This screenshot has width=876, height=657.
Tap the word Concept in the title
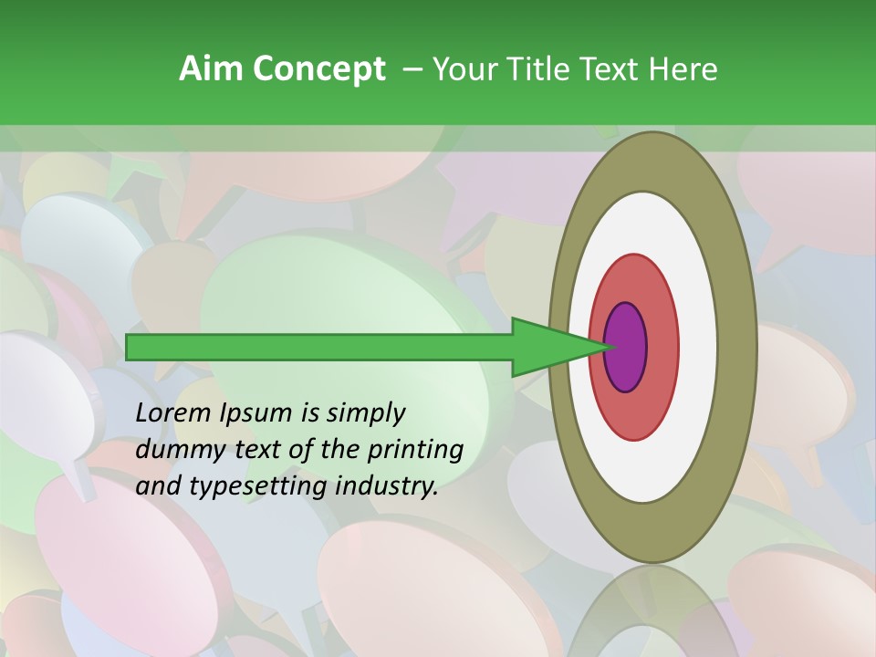pyautogui.click(x=319, y=68)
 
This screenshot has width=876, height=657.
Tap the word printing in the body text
pyautogui.click(x=416, y=450)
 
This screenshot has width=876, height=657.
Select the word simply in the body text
pyautogui.click(x=365, y=413)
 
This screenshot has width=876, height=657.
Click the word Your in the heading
pyautogui.click(x=461, y=68)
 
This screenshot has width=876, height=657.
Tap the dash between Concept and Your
pyautogui.click(x=412, y=70)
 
